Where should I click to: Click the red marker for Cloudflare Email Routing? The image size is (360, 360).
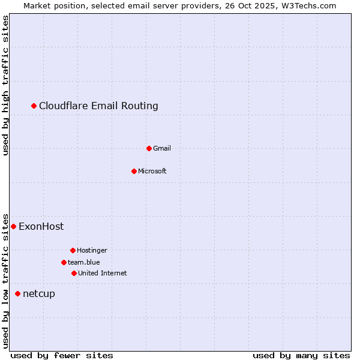point(34,106)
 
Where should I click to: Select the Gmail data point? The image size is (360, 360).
point(149,148)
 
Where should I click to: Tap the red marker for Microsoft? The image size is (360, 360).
point(134,171)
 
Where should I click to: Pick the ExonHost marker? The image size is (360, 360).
point(14,226)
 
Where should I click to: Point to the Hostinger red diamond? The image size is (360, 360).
point(73,250)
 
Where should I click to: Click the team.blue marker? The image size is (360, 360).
point(64,262)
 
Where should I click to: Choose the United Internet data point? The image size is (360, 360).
point(74,273)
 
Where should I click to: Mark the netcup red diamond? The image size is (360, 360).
point(18,293)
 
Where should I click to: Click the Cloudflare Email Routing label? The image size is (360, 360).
point(98,106)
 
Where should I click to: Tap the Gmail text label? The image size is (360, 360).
point(162,148)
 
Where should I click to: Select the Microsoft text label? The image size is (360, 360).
point(152,171)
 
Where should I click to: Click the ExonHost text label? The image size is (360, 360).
point(41,226)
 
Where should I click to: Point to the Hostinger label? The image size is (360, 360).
point(92,250)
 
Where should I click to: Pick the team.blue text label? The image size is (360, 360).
point(84,262)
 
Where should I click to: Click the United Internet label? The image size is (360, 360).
point(103,273)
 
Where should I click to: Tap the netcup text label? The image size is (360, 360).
point(39,293)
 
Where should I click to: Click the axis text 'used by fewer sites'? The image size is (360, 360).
point(62,355)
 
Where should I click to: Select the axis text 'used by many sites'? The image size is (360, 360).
point(301,355)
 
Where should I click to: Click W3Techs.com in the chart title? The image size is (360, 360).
point(307,5)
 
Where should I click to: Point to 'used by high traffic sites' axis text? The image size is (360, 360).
point(6,85)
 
